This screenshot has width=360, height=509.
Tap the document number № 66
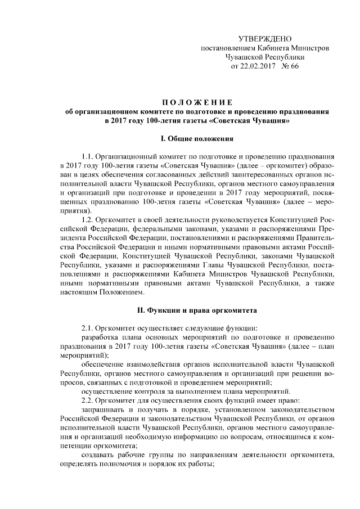[x=290, y=67]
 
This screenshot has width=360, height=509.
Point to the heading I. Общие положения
[x=197, y=137]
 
